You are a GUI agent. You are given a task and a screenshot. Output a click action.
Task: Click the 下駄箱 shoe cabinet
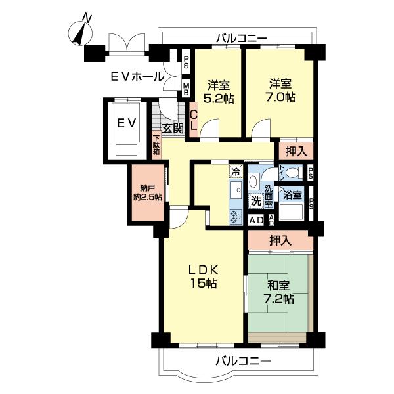point(156,144)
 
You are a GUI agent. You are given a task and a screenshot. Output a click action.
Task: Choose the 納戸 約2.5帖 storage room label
point(146,190)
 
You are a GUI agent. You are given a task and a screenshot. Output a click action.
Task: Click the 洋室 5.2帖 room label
point(217,91)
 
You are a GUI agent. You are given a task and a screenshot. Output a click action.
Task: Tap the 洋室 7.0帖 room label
point(280,91)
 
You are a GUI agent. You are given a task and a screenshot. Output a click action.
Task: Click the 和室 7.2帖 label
point(279,292)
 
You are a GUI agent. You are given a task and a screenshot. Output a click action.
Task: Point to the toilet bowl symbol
point(293,173)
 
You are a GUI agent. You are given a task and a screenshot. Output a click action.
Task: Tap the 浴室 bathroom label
point(292,194)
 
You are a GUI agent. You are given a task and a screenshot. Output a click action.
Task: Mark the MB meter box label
point(186,87)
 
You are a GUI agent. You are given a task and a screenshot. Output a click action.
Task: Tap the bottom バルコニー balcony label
point(242,361)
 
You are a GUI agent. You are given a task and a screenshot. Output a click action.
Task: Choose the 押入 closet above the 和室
point(280,241)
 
